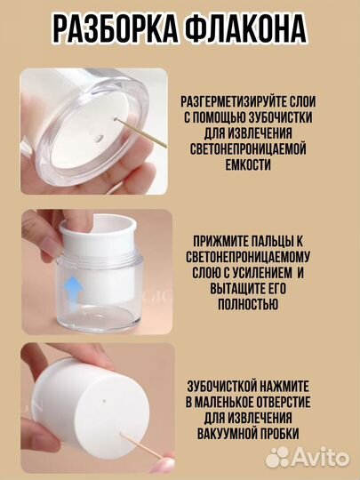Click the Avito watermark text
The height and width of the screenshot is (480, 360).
(320, 456)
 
